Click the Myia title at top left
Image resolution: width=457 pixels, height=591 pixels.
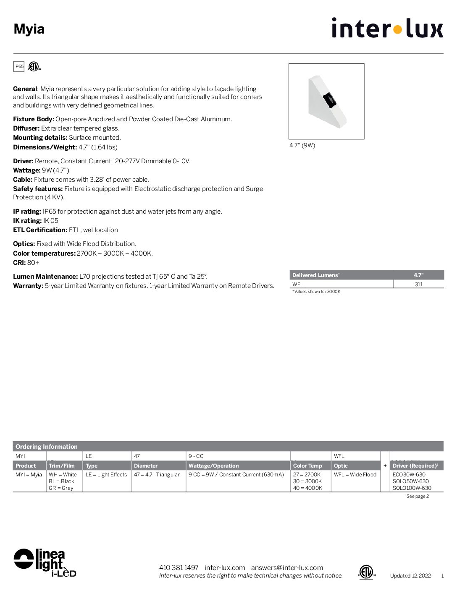click(x=29, y=29)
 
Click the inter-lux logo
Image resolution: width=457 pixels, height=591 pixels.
click(x=387, y=28)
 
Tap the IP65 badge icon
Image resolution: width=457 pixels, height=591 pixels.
click(x=19, y=66)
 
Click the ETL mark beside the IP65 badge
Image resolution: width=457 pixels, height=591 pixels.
click(x=34, y=66)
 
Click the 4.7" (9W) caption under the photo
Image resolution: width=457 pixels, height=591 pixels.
click(x=302, y=145)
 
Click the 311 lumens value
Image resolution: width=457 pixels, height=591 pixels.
click(x=418, y=284)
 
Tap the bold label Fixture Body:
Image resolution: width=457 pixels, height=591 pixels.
click(x=34, y=119)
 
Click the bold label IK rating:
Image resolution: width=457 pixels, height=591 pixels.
click(x=27, y=221)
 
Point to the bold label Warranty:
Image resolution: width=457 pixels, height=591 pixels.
click(x=28, y=286)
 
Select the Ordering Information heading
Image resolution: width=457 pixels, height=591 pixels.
click(x=47, y=447)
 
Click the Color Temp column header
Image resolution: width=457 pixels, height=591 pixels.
click(x=307, y=465)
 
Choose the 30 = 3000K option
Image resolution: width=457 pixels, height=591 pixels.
click(x=307, y=481)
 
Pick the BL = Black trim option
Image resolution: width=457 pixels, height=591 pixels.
click(x=61, y=481)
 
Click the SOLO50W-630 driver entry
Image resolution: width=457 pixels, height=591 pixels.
click(x=410, y=481)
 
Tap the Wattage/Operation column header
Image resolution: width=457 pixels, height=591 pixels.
click(x=213, y=465)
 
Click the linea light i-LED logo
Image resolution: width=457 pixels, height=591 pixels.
click(x=45, y=562)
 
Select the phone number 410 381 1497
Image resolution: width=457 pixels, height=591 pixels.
click(x=179, y=567)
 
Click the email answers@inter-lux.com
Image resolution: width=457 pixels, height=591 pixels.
click(x=287, y=567)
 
